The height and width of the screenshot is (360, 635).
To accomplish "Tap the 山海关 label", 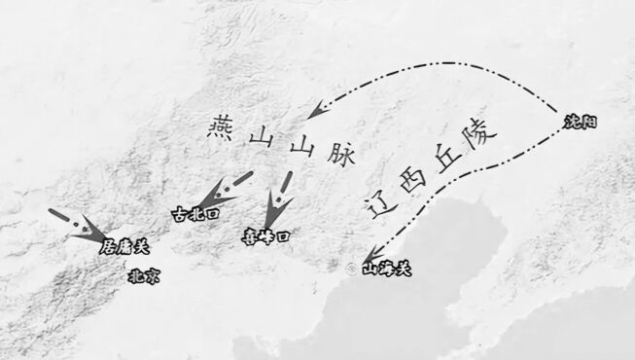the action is [x=386, y=269].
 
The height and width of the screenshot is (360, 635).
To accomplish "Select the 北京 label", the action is [x=144, y=276].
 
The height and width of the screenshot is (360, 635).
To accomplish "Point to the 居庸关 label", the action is [x=125, y=247].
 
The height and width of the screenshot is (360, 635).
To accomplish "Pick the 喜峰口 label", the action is [x=266, y=235].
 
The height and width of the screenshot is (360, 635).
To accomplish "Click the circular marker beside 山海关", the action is [x=350, y=266].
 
